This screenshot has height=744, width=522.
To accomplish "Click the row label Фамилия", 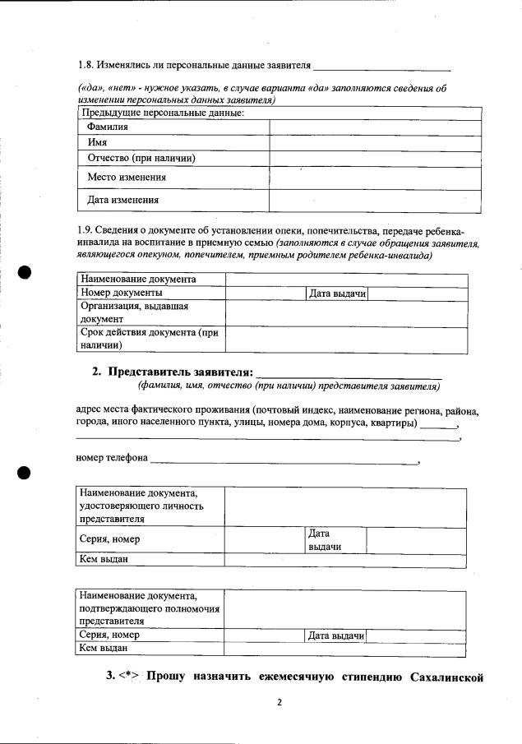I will pos(108,127).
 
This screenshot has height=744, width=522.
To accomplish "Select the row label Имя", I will pos(98,142).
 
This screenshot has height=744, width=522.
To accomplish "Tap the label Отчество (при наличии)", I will pos(141,158).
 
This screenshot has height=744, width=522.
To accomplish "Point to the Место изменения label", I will pos(127,177).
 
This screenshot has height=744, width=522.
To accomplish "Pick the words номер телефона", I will pos(112,457).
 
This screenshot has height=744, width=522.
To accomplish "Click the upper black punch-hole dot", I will pos(25,273).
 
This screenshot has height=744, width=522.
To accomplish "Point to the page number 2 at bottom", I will pos(279,702).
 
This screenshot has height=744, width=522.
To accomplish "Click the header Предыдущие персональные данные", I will pos(161,113).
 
